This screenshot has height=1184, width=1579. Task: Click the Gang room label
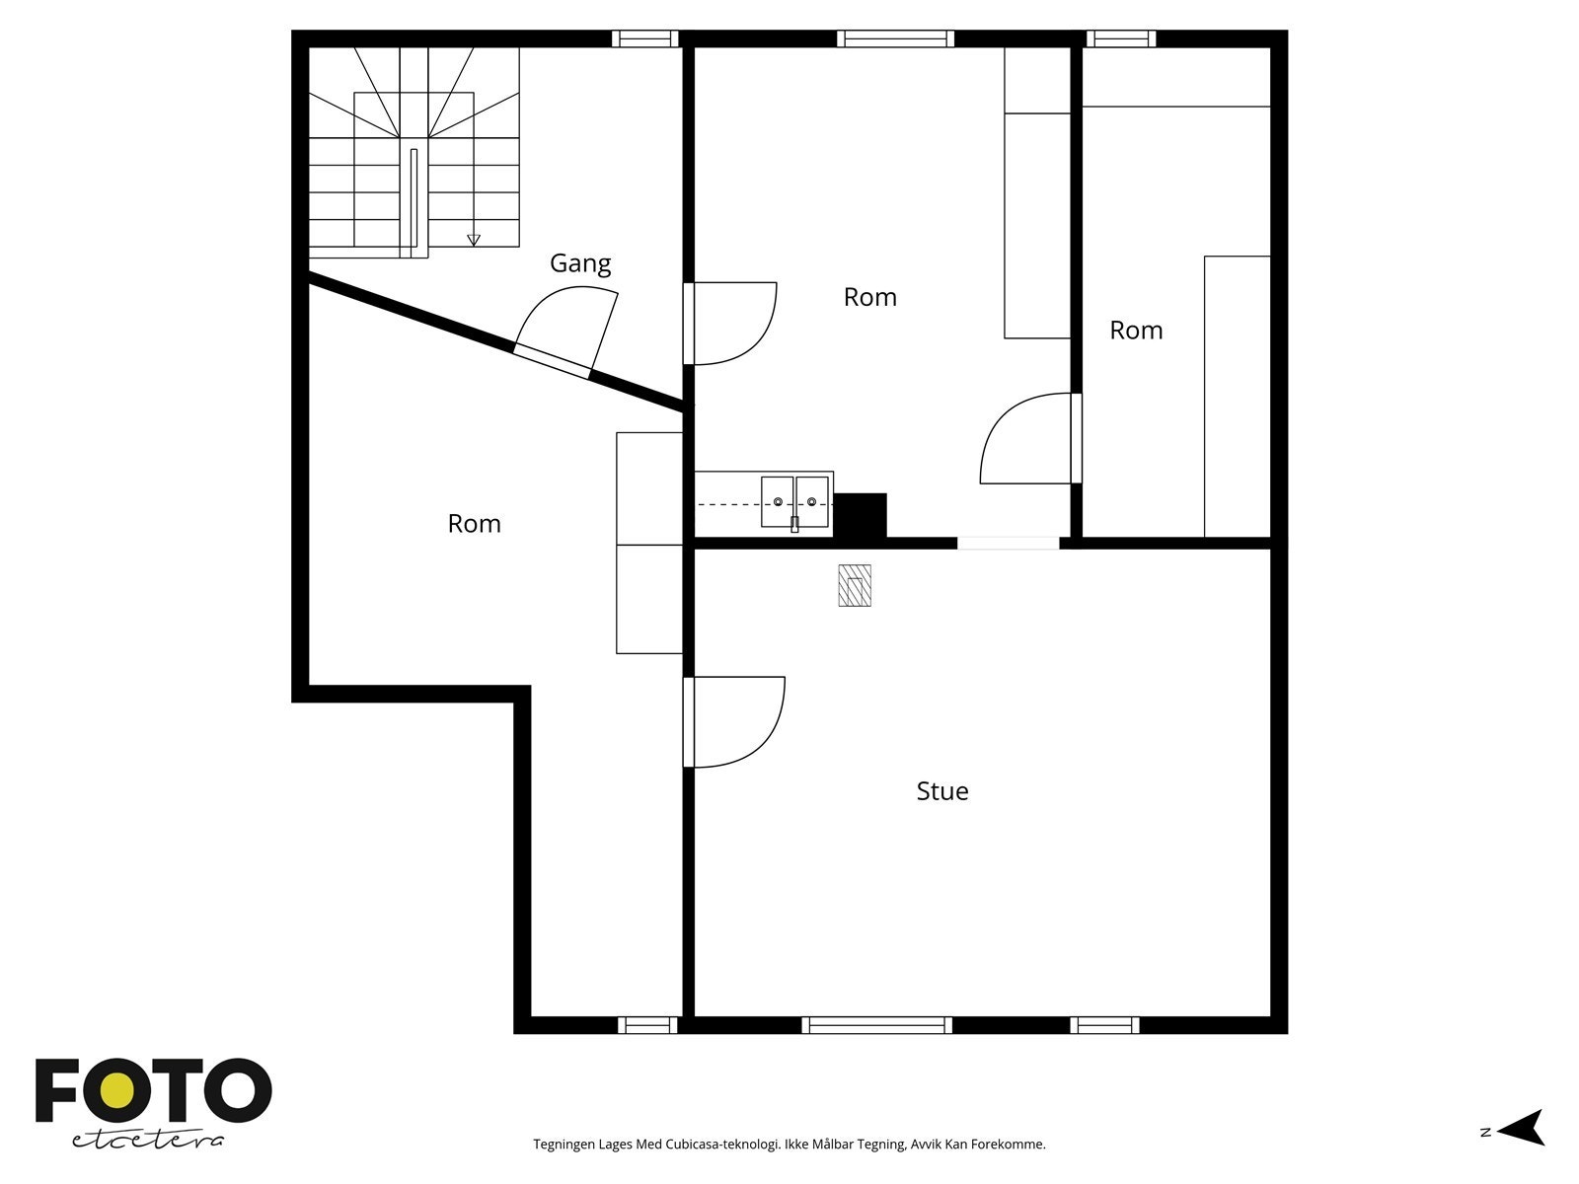pyautogui.click(x=580, y=263)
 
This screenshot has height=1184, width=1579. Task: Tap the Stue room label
pyautogui.click(x=942, y=791)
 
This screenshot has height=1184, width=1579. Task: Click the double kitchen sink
pyautogui.click(x=794, y=502)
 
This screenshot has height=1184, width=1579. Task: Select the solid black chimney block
pyautogui.click(x=861, y=515)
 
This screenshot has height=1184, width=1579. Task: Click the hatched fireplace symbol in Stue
pyautogui.click(x=855, y=585)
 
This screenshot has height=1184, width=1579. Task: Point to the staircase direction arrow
pyautogui.click(x=474, y=239)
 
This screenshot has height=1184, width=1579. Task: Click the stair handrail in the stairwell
pyautogui.click(x=414, y=200)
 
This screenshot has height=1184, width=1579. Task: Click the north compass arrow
pyautogui.click(x=1525, y=1128)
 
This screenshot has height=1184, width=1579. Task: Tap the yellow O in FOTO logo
pyautogui.click(x=119, y=1090)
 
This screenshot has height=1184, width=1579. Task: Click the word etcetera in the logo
pyautogui.click(x=148, y=1140)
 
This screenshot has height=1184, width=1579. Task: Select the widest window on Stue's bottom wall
pyautogui.click(x=876, y=1025)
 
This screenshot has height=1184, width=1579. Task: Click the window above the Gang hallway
pyautogui.click(x=645, y=38)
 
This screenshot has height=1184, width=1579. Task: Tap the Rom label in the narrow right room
pyautogui.click(x=1136, y=331)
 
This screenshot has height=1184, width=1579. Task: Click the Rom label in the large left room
pyautogui.click(x=475, y=524)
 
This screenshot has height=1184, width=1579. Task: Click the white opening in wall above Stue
pyautogui.click(x=1008, y=543)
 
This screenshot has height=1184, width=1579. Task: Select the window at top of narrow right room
pyautogui.click(x=1121, y=38)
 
